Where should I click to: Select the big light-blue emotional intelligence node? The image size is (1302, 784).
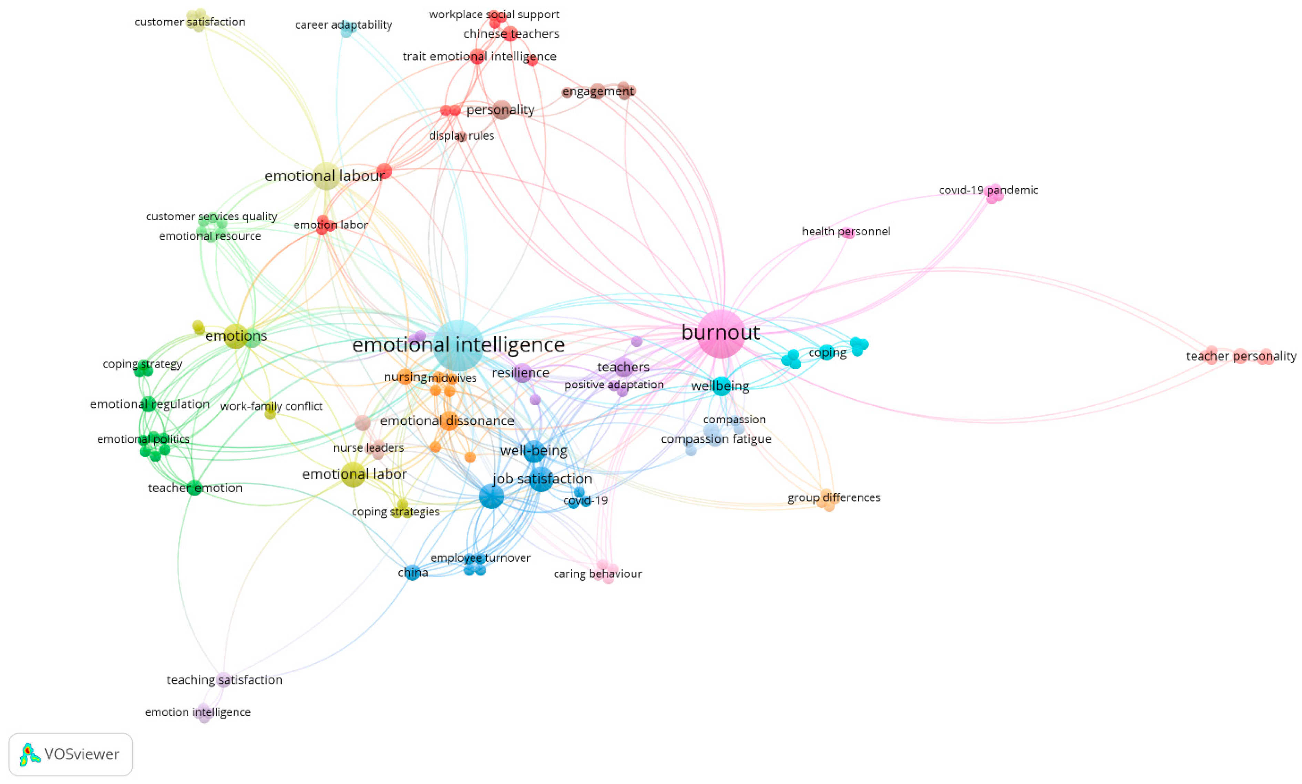click(x=458, y=345)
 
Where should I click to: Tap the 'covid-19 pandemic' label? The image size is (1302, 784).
click(x=988, y=190)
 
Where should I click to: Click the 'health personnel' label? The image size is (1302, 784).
click(x=845, y=231)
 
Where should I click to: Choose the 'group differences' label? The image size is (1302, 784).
click(x=833, y=498)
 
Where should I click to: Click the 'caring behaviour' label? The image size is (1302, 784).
click(x=597, y=574)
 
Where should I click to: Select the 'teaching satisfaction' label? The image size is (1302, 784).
click(x=225, y=680)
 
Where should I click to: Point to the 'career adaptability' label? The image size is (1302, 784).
click(x=343, y=25)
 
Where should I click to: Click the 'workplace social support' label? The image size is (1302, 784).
click(x=494, y=14)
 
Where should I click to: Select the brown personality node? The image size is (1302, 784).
click(x=501, y=110)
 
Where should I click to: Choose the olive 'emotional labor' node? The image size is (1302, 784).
click(x=353, y=474)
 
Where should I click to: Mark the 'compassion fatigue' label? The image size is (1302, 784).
click(x=716, y=439)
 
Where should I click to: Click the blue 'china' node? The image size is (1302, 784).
click(x=412, y=572)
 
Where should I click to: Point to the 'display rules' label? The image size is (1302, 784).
click(x=461, y=136)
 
